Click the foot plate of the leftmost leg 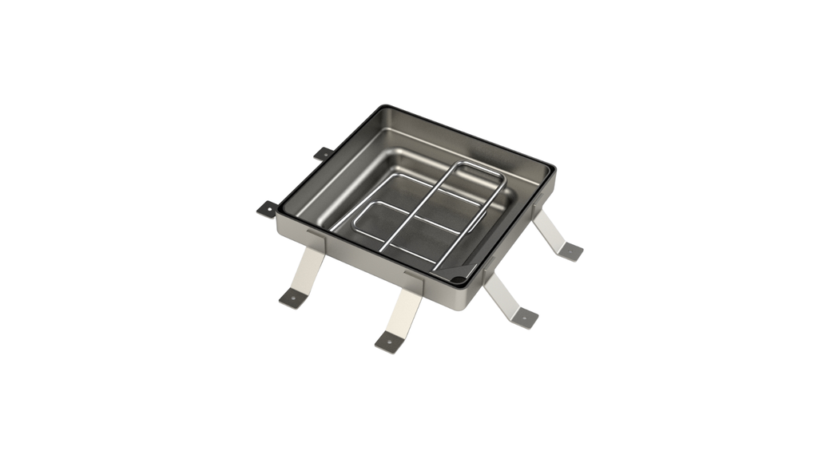click(292, 299)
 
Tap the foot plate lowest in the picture click(388, 342)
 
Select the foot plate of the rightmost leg click(570, 251)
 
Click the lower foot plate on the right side click(524, 317)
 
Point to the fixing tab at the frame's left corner click(266, 208)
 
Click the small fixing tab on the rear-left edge click(323, 152)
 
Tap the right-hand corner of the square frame click(552, 168)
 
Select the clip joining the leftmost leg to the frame click(316, 237)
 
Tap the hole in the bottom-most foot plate click(388, 344)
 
